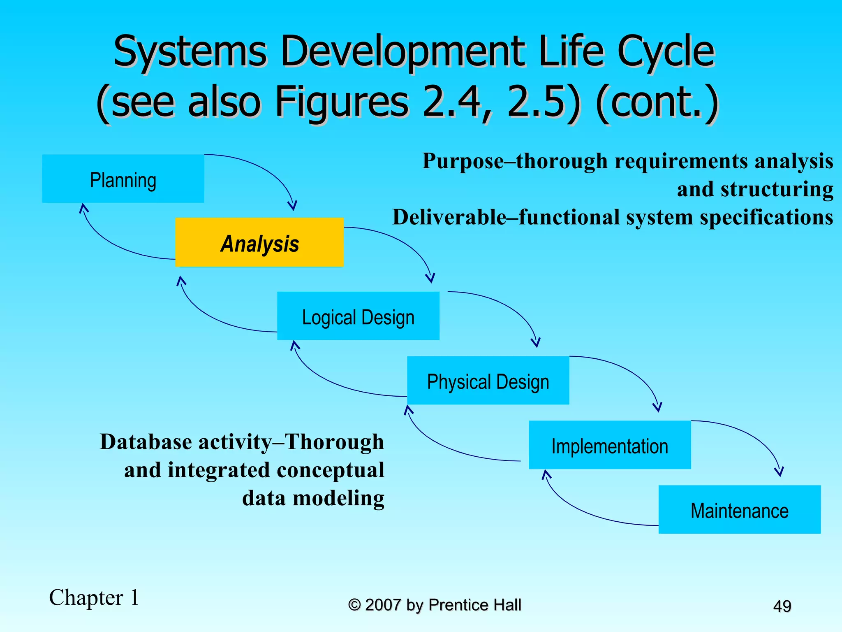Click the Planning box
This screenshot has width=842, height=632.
point(123,179)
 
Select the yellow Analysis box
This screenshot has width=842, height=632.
point(259,243)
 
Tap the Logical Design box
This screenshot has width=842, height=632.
point(358,316)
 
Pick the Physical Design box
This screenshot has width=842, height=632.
point(488,381)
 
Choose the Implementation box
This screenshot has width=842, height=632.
point(609,445)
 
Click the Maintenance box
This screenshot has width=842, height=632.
point(739,510)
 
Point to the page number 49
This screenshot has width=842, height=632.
point(782,606)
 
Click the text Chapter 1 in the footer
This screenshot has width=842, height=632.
point(94,597)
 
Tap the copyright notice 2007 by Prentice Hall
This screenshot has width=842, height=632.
point(435,605)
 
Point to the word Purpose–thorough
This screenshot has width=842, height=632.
point(515,161)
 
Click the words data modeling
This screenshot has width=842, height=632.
point(313,498)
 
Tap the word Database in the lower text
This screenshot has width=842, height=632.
point(146,442)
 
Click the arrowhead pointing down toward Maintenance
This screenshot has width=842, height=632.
point(779,472)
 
